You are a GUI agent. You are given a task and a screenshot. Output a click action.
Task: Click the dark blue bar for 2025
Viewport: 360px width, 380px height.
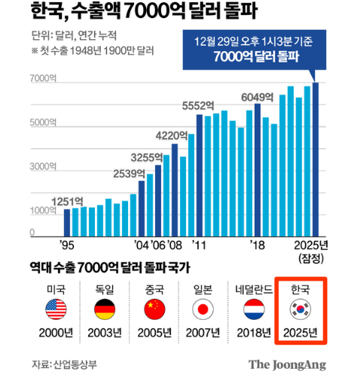(x=316, y=160)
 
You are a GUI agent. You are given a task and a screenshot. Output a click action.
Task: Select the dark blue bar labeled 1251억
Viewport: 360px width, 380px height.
(x=67, y=223)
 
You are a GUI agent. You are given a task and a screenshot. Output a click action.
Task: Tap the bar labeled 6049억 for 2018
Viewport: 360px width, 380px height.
(x=258, y=170)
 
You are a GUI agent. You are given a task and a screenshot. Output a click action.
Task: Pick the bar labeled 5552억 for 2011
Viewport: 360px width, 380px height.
(x=200, y=175)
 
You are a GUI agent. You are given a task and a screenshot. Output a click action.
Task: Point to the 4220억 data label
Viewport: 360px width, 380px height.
(x=172, y=135)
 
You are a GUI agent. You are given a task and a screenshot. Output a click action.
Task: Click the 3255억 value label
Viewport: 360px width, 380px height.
(x=147, y=158)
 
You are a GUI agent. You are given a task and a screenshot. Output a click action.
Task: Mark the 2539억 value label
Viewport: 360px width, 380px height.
(x=130, y=174)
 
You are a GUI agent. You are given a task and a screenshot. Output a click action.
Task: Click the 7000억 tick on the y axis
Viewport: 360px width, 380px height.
(x=43, y=78)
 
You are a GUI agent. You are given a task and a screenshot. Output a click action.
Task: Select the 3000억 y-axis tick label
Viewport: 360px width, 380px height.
(x=43, y=166)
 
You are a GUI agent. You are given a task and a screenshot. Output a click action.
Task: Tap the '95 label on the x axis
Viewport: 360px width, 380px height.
(x=67, y=245)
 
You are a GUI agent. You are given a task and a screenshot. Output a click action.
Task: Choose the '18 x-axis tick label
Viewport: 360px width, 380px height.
(x=258, y=245)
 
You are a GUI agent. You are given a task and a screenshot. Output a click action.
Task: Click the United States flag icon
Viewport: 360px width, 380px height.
(x=56, y=309)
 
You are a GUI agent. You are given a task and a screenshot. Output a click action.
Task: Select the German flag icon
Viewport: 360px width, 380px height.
(x=105, y=309)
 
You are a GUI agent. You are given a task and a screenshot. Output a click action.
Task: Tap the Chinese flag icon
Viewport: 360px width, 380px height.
(x=154, y=309)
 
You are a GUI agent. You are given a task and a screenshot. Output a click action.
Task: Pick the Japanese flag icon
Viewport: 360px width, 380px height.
(x=203, y=309)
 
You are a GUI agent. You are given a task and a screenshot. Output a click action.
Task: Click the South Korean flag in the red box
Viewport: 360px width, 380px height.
(x=301, y=309)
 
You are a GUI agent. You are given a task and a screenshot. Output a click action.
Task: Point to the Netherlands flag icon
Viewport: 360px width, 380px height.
(x=254, y=309)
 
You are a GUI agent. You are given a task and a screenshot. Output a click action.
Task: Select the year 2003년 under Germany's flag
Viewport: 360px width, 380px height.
(x=105, y=333)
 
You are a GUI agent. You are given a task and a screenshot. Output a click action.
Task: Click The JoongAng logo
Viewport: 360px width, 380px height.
(x=287, y=365)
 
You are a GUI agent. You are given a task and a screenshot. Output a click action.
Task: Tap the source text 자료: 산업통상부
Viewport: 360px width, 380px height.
(x=64, y=364)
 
